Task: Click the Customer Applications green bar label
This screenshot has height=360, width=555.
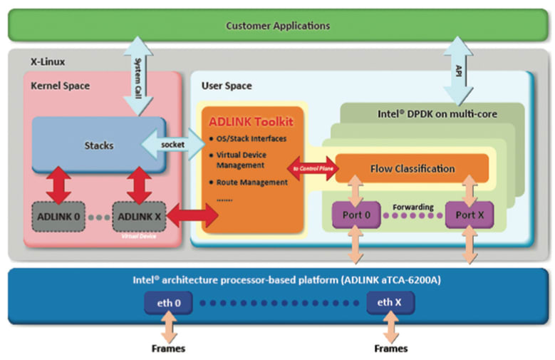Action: coord(277,26)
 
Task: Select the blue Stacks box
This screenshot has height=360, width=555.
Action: coord(99,145)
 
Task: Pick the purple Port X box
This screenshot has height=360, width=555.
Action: coord(470,215)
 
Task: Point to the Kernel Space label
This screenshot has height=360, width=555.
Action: coord(60,86)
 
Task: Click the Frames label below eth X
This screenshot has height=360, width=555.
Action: coord(390,349)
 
